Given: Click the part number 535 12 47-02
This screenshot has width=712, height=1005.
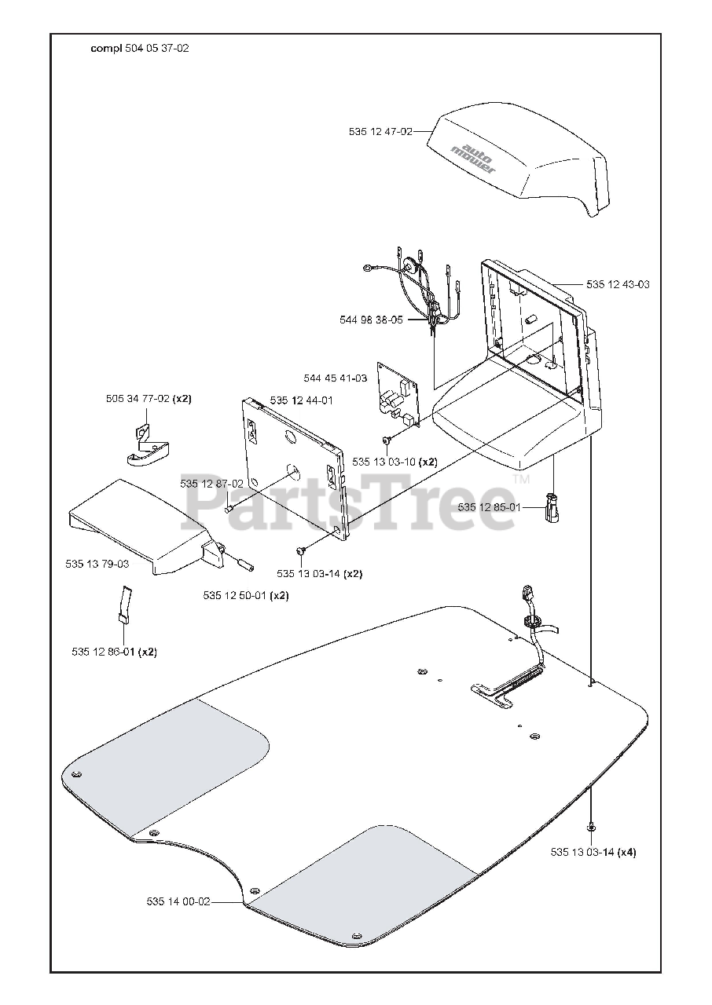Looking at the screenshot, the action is click(380, 132).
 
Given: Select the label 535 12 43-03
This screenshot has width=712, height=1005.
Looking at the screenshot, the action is click(618, 284).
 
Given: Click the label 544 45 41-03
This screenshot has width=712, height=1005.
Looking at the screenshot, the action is click(336, 378).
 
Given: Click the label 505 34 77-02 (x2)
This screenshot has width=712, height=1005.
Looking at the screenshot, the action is click(149, 399).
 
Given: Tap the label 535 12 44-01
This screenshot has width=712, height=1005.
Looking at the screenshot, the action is click(301, 400).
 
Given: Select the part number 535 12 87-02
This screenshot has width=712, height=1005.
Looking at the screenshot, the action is click(211, 484).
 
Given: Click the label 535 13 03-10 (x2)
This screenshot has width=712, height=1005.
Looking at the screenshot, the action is click(395, 462).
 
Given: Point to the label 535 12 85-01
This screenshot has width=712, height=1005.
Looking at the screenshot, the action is click(490, 507).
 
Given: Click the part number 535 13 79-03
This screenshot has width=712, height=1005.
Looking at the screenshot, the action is click(97, 563).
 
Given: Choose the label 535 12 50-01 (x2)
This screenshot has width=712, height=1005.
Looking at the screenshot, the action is click(245, 595).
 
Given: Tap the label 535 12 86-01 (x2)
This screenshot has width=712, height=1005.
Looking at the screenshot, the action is click(114, 652).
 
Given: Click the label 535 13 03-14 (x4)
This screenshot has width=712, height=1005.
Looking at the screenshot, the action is click(593, 852).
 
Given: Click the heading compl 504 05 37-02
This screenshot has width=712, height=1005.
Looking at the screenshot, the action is click(139, 48).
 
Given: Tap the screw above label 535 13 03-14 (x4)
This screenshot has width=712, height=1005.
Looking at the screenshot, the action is click(591, 827).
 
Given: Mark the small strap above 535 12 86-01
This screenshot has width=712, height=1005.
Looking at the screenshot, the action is click(124, 603).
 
